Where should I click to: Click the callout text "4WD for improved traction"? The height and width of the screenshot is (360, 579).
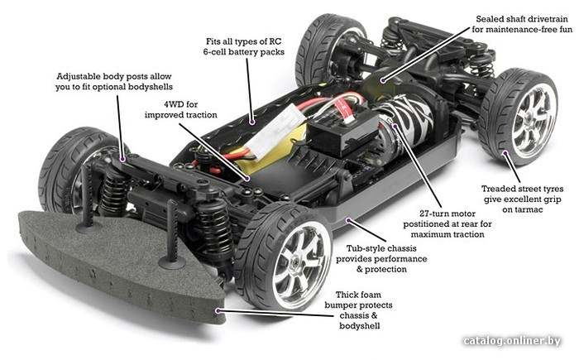point(181,109)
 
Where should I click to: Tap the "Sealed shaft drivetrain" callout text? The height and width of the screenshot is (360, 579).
point(522,24)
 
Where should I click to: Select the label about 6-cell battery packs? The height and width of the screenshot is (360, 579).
point(244,46)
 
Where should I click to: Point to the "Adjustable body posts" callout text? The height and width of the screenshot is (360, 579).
point(114,82)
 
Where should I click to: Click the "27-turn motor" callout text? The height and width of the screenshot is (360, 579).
point(447,224)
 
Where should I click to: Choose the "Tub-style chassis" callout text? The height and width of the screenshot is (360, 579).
point(381,259)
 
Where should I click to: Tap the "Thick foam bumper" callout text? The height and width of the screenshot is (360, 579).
point(358,310)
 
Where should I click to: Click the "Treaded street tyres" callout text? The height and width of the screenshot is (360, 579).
point(522,199)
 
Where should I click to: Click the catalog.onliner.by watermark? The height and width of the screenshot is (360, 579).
point(512,340)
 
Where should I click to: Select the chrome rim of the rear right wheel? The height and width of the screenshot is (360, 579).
point(534,118)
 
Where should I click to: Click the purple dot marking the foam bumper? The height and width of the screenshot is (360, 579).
point(218,311)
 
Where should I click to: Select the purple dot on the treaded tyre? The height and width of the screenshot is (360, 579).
point(504,152)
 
